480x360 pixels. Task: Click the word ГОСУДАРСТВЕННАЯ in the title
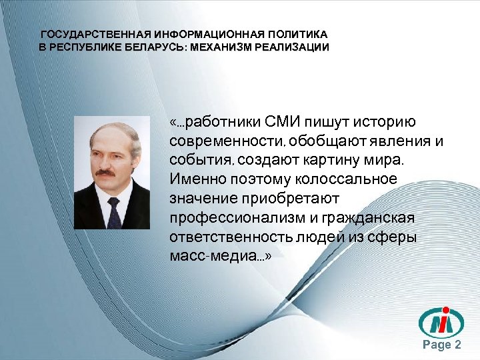coord(95,34)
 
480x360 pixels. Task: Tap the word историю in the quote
coord(387,122)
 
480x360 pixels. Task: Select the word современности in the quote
coord(224,141)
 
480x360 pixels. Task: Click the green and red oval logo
coord(441,323)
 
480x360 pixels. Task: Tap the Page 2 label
coord(442,345)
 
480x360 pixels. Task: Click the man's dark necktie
coord(113,210)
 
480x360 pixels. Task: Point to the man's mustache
coord(107,171)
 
